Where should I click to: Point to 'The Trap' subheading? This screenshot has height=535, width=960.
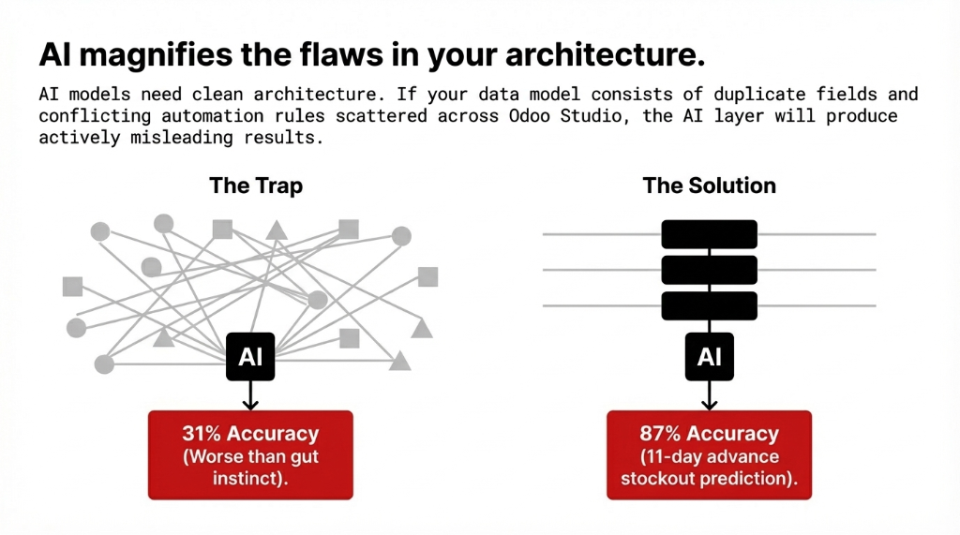click(x=256, y=186)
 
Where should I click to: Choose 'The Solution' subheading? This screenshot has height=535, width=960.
click(x=709, y=186)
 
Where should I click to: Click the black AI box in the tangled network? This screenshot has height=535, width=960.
click(x=250, y=356)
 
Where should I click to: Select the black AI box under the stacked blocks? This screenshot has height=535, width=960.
click(x=709, y=356)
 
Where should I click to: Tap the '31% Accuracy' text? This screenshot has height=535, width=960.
click(x=250, y=435)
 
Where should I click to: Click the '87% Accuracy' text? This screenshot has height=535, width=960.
click(x=709, y=435)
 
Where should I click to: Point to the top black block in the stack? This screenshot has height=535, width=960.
click(x=709, y=234)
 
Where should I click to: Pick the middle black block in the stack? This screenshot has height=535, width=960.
click(x=709, y=270)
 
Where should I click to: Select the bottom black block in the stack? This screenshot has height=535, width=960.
click(x=709, y=305)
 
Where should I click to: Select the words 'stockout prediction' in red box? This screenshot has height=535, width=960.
click(x=709, y=478)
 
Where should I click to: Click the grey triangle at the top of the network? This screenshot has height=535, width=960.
click(x=276, y=230)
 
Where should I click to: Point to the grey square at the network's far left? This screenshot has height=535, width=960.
click(x=72, y=286)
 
